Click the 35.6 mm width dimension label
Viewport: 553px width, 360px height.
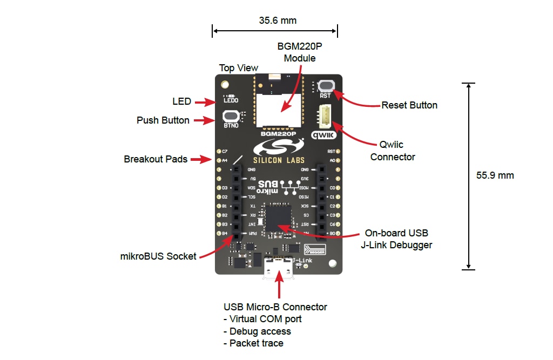click(x=278, y=21)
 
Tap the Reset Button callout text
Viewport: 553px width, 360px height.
click(x=409, y=105)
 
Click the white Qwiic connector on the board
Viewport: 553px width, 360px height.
click(x=326, y=115)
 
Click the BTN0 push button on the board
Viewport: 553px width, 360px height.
click(x=231, y=116)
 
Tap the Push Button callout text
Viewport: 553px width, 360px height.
click(x=163, y=120)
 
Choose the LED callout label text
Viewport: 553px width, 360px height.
click(x=182, y=101)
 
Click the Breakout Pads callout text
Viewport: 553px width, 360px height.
click(x=156, y=159)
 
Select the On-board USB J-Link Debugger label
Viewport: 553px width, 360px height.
click(x=396, y=239)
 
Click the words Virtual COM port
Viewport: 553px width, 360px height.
click(x=265, y=319)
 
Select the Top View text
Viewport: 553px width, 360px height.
click(x=238, y=68)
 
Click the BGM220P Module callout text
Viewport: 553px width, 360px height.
click(x=296, y=52)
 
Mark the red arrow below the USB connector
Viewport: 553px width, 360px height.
click(x=279, y=289)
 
